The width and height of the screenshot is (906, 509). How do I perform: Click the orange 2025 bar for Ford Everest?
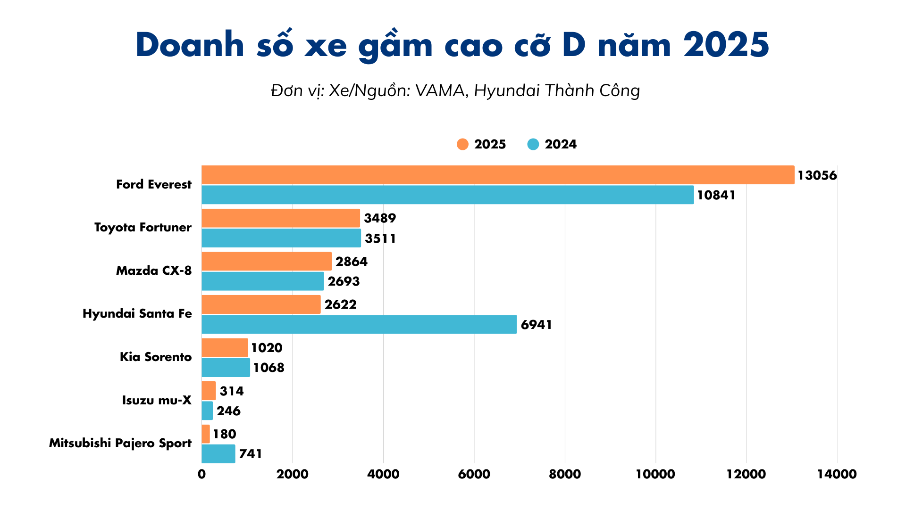click(x=498, y=175)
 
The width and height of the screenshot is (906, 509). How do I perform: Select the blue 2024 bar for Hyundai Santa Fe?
click(x=359, y=324)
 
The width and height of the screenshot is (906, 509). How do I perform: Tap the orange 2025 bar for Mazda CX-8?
click(x=267, y=261)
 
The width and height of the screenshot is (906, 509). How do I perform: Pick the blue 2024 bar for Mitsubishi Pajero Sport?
click(x=218, y=453)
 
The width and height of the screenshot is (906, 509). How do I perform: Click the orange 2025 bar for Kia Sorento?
click(x=225, y=347)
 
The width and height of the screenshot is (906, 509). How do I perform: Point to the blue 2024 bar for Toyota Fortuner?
click(x=281, y=238)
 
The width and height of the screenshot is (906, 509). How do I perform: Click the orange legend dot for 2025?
click(x=462, y=144)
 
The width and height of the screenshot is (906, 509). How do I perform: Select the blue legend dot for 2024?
click(x=533, y=144)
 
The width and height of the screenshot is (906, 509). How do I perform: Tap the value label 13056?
click(x=817, y=175)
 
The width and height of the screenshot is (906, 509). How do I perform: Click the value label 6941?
click(x=536, y=325)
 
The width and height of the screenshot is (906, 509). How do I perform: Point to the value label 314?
click(x=232, y=391)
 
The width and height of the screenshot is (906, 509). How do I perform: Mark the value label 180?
click(x=224, y=434)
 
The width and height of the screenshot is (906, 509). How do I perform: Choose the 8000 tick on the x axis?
click(x=565, y=474)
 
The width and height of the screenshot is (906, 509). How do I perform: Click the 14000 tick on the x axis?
click(x=837, y=474)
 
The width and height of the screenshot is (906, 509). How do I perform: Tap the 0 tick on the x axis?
click(x=201, y=474)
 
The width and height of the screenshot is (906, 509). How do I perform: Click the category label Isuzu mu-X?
click(x=157, y=400)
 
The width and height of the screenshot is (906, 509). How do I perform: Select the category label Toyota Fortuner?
click(x=143, y=227)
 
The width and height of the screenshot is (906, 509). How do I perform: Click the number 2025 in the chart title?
click(x=726, y=45)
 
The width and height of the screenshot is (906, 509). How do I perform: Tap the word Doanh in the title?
click(x=190, y=45)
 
